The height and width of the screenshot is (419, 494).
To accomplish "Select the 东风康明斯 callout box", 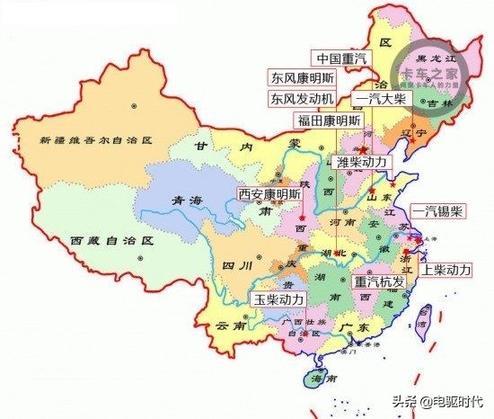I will (306, 77).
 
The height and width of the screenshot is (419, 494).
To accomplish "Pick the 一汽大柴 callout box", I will (382, 98).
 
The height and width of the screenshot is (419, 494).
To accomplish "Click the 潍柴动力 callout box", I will (362, 162).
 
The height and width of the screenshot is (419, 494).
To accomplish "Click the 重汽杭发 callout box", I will (380, 281).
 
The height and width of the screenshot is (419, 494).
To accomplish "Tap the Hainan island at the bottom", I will (317, 380).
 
